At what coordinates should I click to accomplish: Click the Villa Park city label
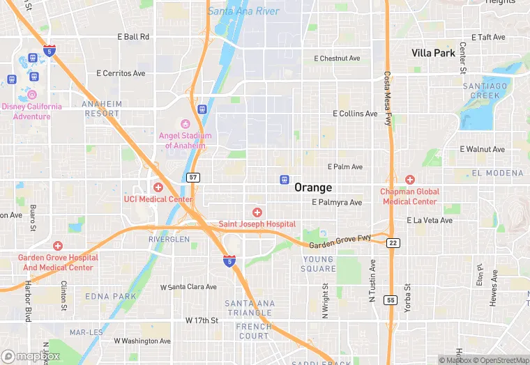(x=433, y=53)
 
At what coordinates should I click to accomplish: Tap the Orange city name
(x=313, y=187)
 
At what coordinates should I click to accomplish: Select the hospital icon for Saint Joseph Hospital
(x=257, y=212)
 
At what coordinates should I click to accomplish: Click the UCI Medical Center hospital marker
(x=158, y=187)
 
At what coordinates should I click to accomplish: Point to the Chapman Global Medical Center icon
(x=409, y=180)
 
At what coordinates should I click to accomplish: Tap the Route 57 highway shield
(x=193, y=178)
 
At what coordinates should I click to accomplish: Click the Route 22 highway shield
(x=394, y=242)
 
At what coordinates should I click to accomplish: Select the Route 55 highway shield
(x=391, y=299)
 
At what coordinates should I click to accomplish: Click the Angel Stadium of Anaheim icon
(x=185, y=124)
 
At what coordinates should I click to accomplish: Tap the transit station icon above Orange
(x=284, y=179)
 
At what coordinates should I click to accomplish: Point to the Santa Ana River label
(x=243, y=11)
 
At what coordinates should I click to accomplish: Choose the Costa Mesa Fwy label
(x=386, y=98)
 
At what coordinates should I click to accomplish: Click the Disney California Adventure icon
(x=31, y=95)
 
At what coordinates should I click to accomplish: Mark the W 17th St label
(x=202, y=320)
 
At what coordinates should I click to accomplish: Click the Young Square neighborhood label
(x=319, y=264)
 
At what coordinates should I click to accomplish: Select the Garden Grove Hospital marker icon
(x=57, y=246)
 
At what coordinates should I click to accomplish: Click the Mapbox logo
(x=31, y=356)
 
